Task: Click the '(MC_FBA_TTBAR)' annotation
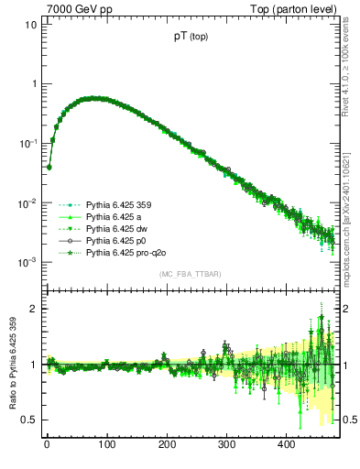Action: click(190, 276)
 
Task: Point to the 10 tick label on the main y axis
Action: click(27, 25)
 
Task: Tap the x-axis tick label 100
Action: click(106, 445)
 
